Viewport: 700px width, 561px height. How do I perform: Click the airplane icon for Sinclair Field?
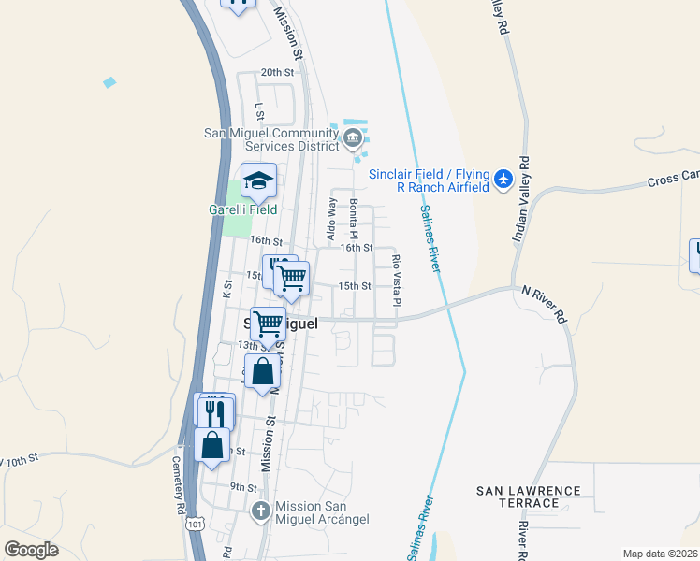pyautogui.click(x=504, y=178)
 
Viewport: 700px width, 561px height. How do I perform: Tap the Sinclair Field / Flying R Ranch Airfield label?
pyautogui.click(x=430, y=180)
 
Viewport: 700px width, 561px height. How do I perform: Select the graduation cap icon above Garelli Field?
pyautogui.click(x=258, y=181)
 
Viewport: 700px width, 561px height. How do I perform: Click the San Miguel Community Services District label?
pyautogui.click(x=271, y=139)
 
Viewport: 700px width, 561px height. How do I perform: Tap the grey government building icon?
pyautogui.click(x=352, y=140)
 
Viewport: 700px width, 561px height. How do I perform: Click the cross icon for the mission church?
pyautogui.click(x=261, y=511)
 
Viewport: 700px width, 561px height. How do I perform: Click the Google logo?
pyautogui.click(x=32, y=550)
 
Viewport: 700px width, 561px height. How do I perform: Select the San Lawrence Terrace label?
pyautogui.click(x=529, y=496)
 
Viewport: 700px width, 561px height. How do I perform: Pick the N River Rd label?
pyautogui.click(x=545, y=304)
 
